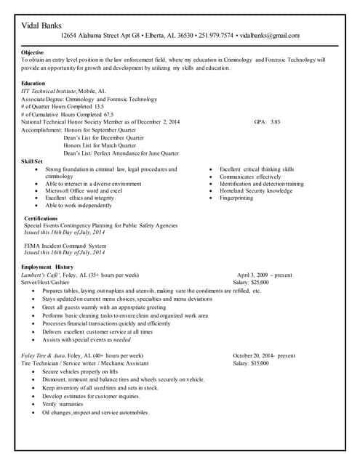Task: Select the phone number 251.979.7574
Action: point(217,36)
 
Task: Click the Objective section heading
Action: point(33,53)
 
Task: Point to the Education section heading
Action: point(33,84)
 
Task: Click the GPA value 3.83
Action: point(275,122)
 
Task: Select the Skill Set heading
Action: point(33,161)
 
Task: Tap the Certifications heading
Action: point(41,218)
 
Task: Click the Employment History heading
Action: point(47,267)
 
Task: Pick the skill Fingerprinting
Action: point(236,198)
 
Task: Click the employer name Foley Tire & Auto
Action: point(43,355)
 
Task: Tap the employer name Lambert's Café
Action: point(43,275)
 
